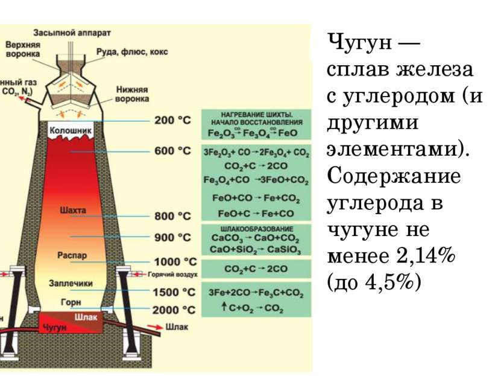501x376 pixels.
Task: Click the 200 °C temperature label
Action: click(x=173, y=120)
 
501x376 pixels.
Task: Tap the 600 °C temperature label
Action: click(x=173, y=151)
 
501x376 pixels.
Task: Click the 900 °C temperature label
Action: click(x=173, y=237)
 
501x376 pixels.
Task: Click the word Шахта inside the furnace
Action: click(x=74, y=210)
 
